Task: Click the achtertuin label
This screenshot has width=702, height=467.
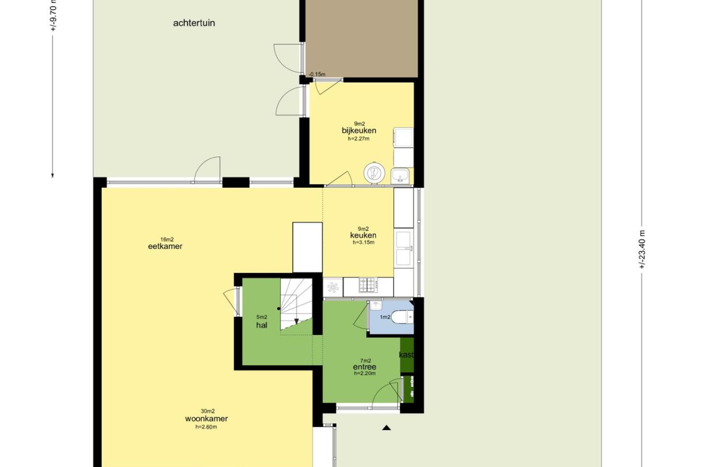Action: [x=194, y=24]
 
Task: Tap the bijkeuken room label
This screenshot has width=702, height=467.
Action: [x=359, y=130]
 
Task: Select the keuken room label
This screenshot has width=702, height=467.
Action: [x=363, y=235]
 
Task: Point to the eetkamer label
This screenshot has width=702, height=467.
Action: [x=165, y=246]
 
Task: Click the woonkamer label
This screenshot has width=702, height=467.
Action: [x=202, y=419]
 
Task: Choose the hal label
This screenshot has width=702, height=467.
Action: [x=262, y=325]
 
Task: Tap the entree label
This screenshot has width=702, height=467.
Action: [x=364, y=367]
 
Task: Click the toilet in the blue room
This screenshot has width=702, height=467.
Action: [x=405, y=317]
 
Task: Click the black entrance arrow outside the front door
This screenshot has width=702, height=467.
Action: [x=387, y=427]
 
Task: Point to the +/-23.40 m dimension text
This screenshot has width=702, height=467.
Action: [x=642, y=249]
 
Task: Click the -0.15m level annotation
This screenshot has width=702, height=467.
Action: [x=317, y=74]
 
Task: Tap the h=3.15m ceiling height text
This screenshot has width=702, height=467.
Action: [x=363, y=242]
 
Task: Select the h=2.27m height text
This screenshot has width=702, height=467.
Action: [x=358, y=138]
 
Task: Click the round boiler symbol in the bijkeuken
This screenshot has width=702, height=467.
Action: [x=374, y=172]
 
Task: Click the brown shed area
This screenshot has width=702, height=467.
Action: [x=361, y=38]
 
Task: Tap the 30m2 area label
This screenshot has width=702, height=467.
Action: [x=208, y=411]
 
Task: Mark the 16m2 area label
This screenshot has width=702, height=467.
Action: [x=167, y=239]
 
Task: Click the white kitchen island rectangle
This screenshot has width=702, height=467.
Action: [x=307, y=247]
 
